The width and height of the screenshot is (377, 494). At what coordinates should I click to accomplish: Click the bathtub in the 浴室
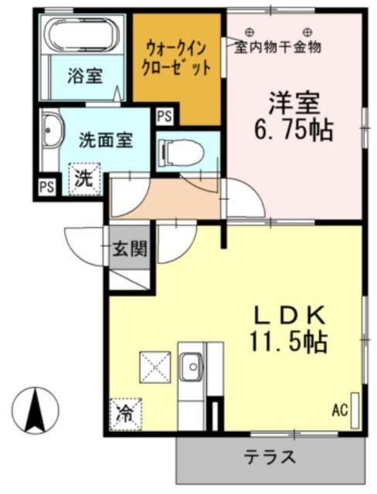point(82,36)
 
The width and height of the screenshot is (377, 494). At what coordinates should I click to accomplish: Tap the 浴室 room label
point(84,76)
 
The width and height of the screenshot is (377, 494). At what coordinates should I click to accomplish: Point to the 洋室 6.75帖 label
point(294,116)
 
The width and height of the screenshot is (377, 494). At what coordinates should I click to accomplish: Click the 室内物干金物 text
point(279,46)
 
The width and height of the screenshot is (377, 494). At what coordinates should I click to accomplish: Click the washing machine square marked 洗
point(85,178)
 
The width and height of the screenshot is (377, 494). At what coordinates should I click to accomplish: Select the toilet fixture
point(182,153)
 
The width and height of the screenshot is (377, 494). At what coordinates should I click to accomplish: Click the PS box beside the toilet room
point(165,117)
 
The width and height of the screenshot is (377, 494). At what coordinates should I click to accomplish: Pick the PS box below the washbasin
point(47,187)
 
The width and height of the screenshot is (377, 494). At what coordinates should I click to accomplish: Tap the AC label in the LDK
point(340,410)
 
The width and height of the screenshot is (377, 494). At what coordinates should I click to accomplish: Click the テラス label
point(270,457)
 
